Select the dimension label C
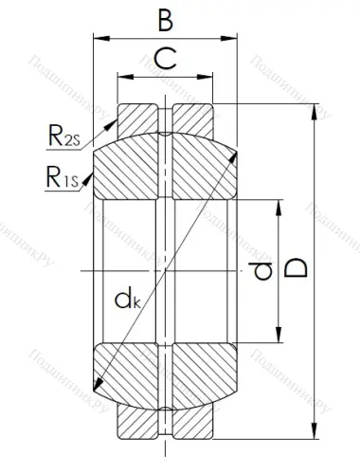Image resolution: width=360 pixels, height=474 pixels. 164,61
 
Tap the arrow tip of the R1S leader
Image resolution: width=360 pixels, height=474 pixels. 92,184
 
